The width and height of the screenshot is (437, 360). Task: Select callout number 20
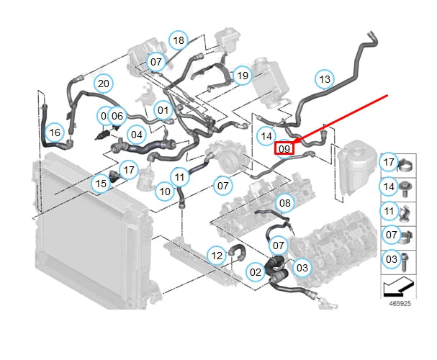(103, 84)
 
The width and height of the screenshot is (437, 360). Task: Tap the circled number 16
(55, 132)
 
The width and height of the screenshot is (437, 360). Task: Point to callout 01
(163, 110)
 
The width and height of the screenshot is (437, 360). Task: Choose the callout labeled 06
(118, 115)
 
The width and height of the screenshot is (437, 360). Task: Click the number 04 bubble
(136, 134)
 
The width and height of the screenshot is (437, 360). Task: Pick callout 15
(102, 184)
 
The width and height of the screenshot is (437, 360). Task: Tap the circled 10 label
(165, 192)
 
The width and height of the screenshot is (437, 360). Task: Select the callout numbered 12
(216, 255)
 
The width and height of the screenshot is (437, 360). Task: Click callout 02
(256, 272)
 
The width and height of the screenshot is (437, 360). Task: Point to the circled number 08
(285, 203)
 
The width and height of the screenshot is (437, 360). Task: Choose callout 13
(325, 79)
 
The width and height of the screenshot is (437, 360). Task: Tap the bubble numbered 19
(242, 75)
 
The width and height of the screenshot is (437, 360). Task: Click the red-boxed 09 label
(284, 148)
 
